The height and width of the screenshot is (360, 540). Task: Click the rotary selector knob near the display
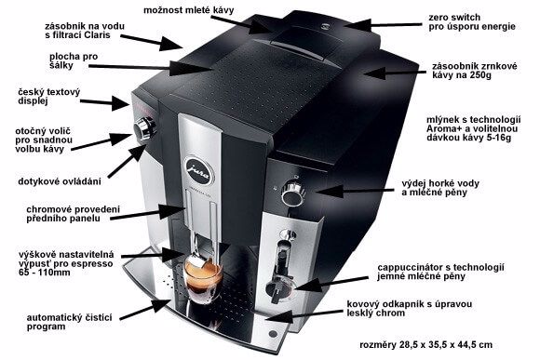(x=144, y=128)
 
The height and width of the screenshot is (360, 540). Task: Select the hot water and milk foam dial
(x=293, y=193)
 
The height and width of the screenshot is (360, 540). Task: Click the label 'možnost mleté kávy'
(x=188, y=10)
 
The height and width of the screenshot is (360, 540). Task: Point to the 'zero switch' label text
(x=454, y=17)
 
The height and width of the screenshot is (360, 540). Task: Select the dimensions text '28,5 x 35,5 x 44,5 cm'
(x=446, y=344)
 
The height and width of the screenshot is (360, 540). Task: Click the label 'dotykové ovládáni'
(x=60, y=181)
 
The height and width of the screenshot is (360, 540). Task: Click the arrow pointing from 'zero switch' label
(x=383, y=25)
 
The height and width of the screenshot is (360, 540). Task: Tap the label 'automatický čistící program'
(x=69, y=322)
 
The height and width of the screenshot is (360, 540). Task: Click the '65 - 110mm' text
(x=45, y=273)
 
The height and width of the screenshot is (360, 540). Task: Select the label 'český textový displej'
(x=49, y=97)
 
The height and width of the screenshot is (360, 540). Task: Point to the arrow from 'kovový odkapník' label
(x=304, y=315)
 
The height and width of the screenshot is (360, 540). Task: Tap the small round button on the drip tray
(x=273, y=334)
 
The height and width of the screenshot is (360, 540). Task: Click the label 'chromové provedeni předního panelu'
(x=73, y=214)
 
